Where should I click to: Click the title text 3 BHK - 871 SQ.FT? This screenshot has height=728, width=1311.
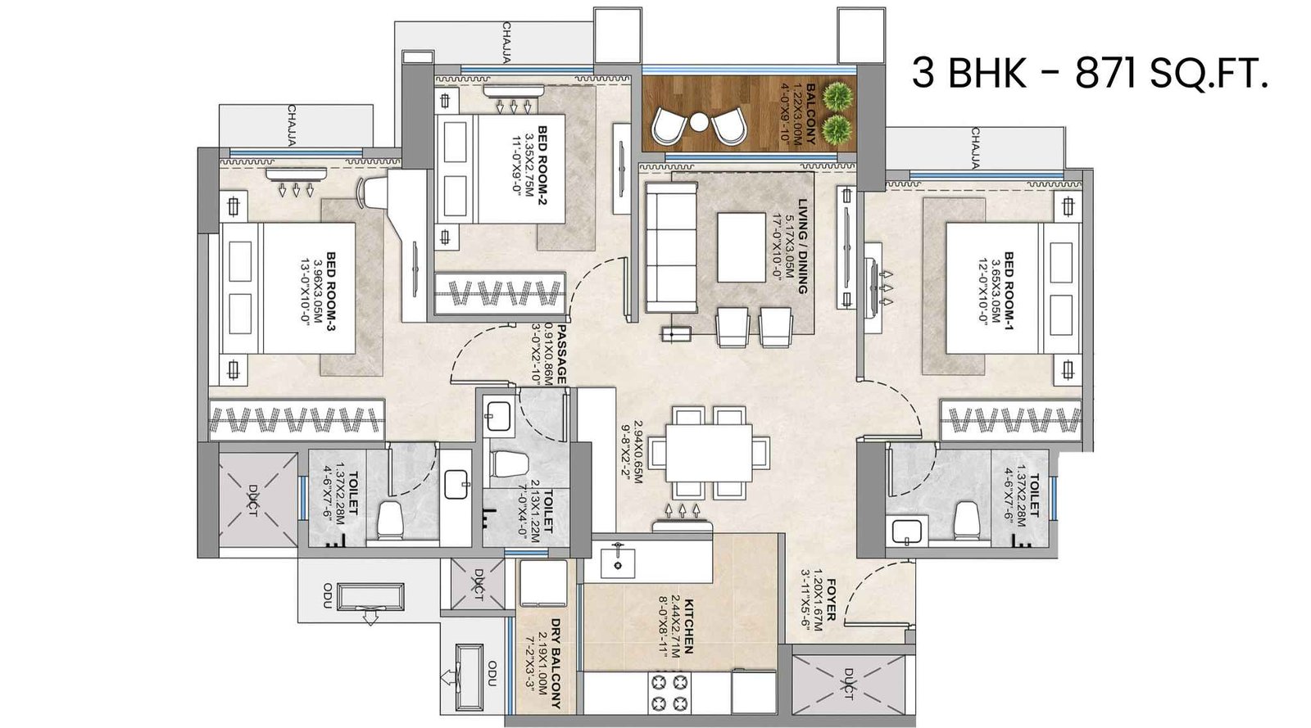tap(1090, 74)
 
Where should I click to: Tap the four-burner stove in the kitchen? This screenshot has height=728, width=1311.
tap(669, 692)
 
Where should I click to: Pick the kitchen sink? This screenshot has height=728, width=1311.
tap(616, 562)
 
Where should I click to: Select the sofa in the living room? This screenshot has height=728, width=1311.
tap(670, 247)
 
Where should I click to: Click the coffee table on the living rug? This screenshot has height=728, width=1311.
tap(742, 246)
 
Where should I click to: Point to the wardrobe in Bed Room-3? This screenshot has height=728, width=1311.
tap(297, 420)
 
